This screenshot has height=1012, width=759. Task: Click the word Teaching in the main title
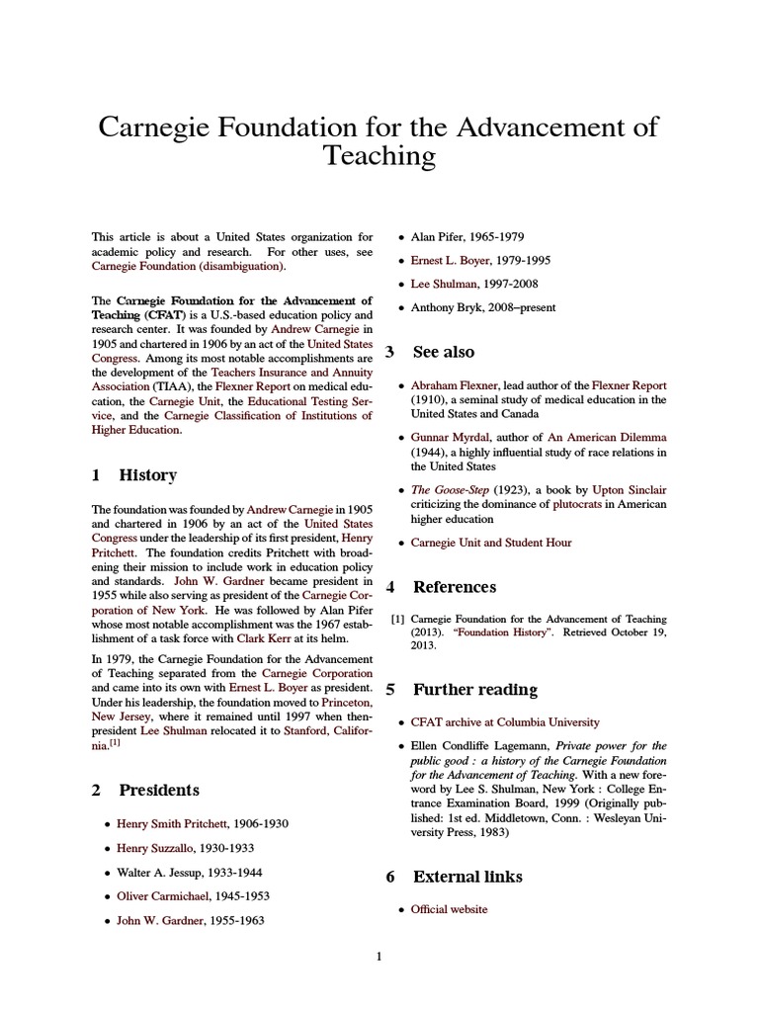[379, 155]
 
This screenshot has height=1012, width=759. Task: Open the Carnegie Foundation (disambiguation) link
[189, 266]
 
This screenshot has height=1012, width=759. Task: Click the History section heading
[147, 475]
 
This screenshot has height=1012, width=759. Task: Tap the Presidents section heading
[159, 790]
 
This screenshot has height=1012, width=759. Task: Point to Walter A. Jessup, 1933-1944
[191, 873]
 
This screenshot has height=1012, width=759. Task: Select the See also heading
[443, 352]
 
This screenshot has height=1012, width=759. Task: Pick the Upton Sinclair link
[629, 489]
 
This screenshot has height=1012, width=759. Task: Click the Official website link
[450, 909]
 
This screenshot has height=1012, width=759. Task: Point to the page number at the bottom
[379, 956]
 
